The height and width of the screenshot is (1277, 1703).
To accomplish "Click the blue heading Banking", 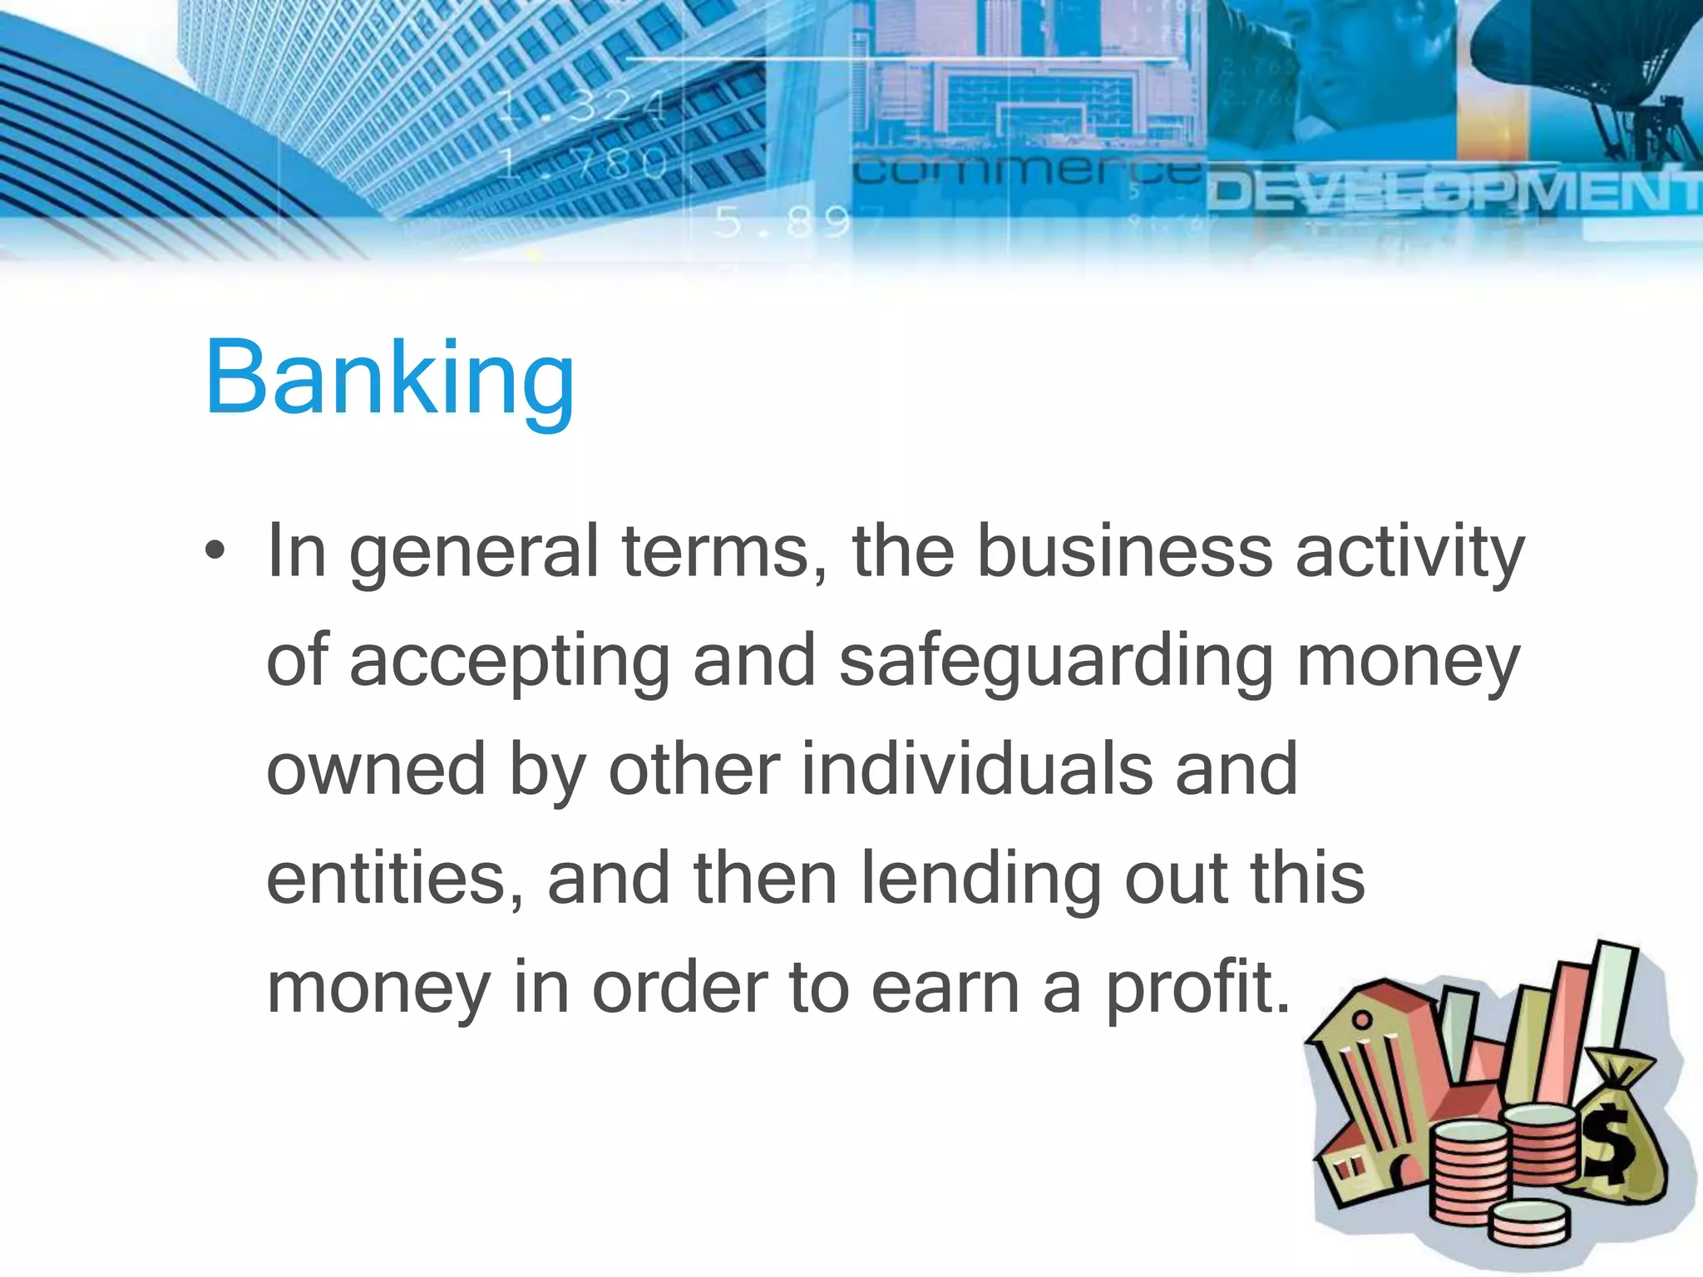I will tap(389, 378).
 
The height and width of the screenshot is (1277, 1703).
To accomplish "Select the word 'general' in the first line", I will tap(473, 553).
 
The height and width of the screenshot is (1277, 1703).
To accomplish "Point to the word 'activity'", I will tap(1409, 553).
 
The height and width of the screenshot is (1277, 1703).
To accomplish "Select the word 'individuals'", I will tap(977, 769).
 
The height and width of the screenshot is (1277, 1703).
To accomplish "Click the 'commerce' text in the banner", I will tap(1027, 171).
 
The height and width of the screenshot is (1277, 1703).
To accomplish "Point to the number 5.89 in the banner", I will tap(782, 222).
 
